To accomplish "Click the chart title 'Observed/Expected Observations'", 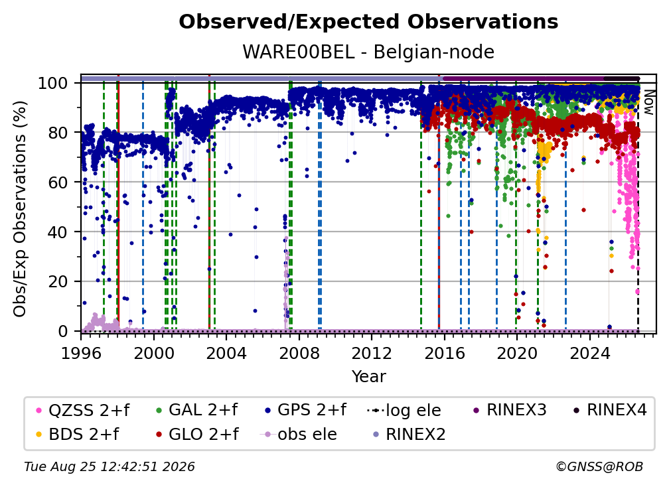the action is point(368,22).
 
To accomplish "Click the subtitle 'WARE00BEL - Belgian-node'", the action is point(368,52).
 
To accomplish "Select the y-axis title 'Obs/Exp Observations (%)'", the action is point(20,209).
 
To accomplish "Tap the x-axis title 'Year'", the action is point(368,377).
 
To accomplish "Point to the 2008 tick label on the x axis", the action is point(299,354).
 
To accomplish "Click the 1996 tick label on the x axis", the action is point(81,354).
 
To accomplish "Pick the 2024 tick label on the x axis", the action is point(589,354).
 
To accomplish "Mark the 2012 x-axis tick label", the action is point(372,354).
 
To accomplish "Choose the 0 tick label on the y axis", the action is point(63,331).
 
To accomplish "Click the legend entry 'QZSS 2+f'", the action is point(83,410).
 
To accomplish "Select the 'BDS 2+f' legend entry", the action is point(78,434).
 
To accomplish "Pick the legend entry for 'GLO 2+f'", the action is point(197,434).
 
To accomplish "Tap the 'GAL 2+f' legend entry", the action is point(197,410).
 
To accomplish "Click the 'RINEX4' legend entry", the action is point(610,410).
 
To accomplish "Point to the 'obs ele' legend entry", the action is point(298,434).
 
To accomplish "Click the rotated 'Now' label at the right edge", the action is point(648,102).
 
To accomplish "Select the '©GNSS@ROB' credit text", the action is point(599,467).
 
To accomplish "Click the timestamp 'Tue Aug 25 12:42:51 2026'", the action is point(110,467).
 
